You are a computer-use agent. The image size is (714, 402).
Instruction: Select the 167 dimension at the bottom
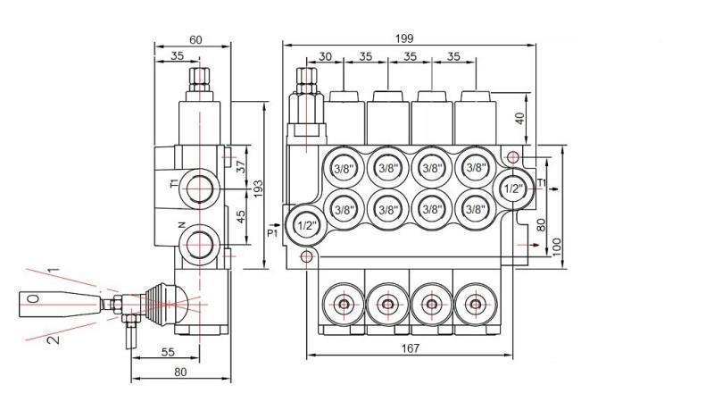(x=410, y=348)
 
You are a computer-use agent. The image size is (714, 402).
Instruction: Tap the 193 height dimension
(x=258, y=188)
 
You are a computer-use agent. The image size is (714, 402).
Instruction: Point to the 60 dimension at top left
(x=195, y=39)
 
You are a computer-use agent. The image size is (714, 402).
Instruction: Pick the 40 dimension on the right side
(x=520, y=118)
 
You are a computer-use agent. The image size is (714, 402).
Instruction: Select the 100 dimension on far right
(x=558, y=246)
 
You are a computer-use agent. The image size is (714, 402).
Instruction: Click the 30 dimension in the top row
(x=325, y=56)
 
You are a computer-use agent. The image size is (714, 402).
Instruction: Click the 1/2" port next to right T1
(x=513, y=188)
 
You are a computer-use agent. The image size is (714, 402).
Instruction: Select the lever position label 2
(x=53, y=340)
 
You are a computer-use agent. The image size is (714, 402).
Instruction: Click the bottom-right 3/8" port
(x=475, y=209)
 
